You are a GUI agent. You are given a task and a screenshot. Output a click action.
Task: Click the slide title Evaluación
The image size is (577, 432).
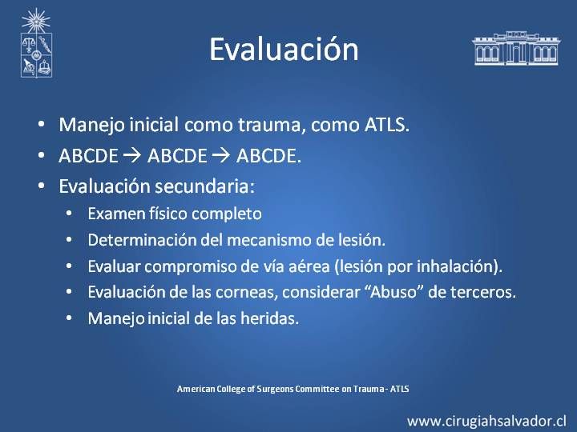point(284,50)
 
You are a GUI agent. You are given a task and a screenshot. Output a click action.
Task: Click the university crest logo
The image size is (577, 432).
point(36,43)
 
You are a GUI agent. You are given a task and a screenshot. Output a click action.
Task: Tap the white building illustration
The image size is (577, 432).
point(516,48)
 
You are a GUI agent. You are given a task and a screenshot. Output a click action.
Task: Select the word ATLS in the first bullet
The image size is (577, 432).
point(387,125)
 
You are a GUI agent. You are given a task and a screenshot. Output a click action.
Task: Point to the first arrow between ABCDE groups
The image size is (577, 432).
point(132,156)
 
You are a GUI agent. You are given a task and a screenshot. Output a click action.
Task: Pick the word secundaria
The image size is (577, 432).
point(204,186)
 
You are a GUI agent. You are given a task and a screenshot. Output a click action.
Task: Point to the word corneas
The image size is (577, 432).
point(247,293)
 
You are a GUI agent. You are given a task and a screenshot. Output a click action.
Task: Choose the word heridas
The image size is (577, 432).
point(269,318)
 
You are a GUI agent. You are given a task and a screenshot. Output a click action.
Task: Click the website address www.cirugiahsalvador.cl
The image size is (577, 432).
point(487,421)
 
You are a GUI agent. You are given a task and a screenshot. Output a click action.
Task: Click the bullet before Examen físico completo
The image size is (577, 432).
point(69,214)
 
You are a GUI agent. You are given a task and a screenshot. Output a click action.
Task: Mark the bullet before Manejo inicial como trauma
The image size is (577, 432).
point(41,125)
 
